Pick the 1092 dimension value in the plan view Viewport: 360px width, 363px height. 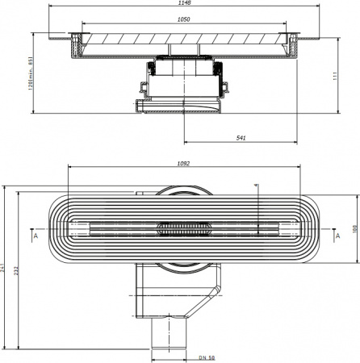pos(182,164)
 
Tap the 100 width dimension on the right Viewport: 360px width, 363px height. pos(352,228)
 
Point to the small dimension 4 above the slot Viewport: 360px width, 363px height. pos(255,186)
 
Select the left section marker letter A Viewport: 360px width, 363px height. pos(35,238)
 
